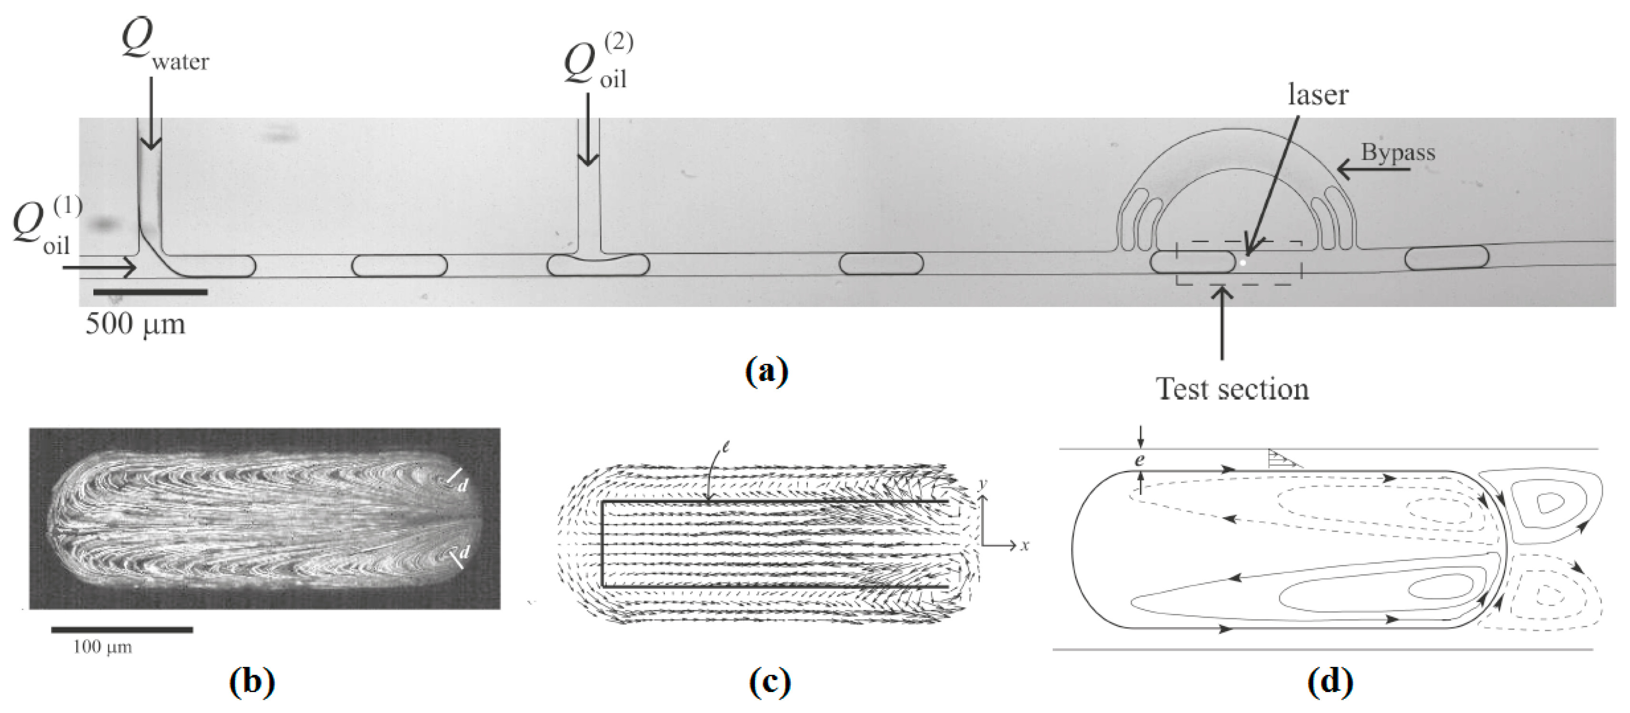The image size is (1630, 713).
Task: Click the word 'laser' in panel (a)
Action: (x=1318, y=95)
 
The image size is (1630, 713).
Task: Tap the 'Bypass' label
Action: (x=1398, y=152)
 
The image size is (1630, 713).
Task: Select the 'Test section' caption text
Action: (x=1232, y=389)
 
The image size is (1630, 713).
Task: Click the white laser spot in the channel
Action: (x=1243, y=261)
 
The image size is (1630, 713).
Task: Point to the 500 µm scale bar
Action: (x=150, y=291)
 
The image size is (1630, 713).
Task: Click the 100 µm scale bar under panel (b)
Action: (x=121, y=630)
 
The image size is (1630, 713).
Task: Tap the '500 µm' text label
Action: (x=135, y=324)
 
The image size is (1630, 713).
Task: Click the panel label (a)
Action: (x=766, y=371)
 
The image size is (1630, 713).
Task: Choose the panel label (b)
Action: (x=252, y=682)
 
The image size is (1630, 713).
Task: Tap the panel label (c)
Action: (x=769, y=682)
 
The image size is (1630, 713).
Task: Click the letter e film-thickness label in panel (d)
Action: (x=1139, y=460)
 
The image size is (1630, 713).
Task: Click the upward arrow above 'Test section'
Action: (x=1222, y=322)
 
